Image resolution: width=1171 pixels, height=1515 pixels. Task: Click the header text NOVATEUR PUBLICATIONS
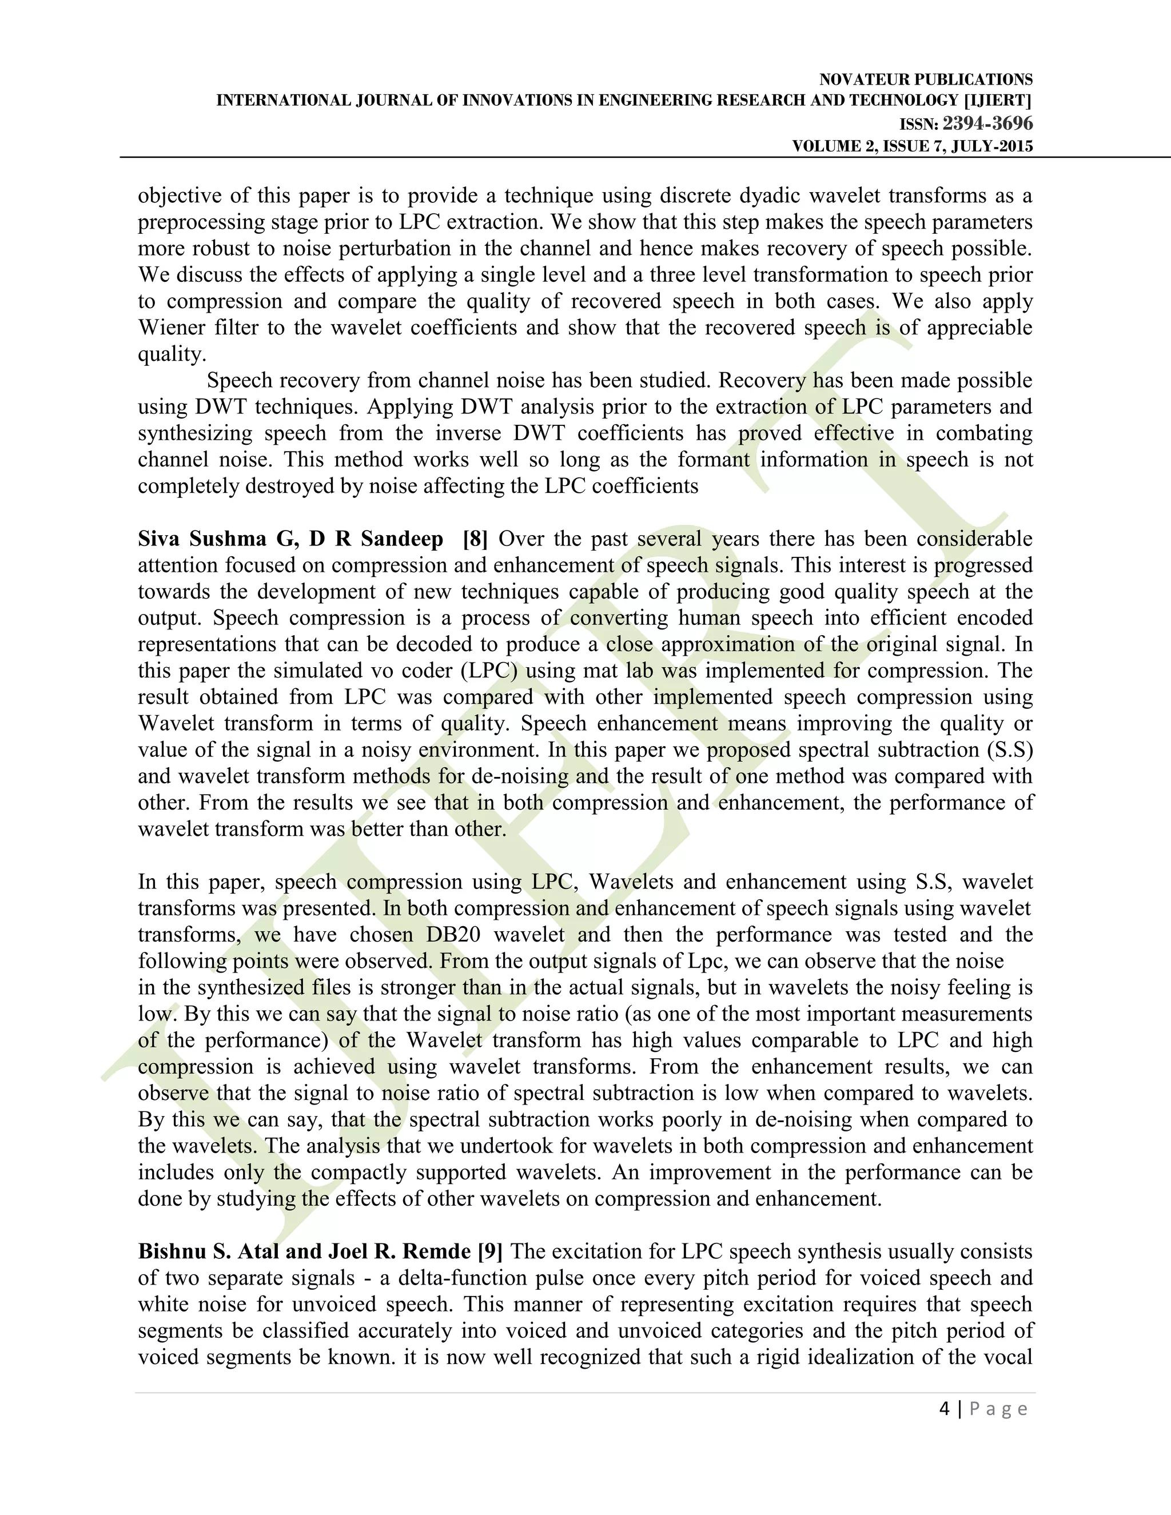tap(926, 80)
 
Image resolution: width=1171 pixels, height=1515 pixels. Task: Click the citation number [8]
tap(475, 539)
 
